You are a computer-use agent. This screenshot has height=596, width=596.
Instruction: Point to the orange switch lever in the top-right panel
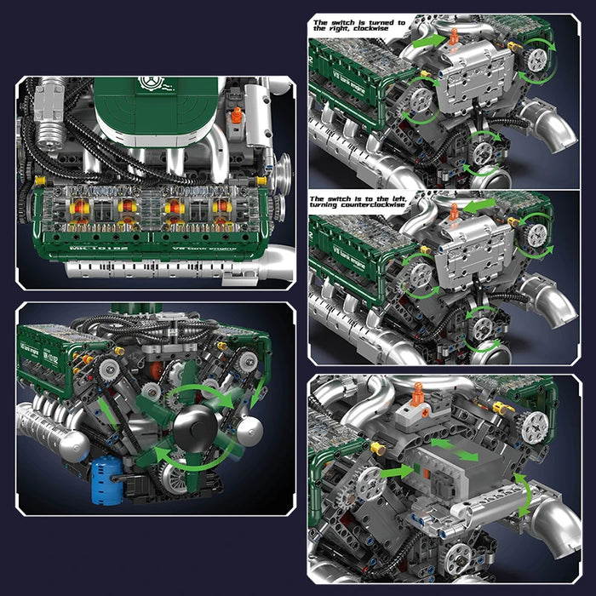tap(455, 36)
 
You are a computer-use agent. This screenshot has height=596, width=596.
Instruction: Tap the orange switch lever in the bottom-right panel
tap(419, 394)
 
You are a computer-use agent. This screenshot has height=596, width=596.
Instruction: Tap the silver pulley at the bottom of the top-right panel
tap(483, 154)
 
